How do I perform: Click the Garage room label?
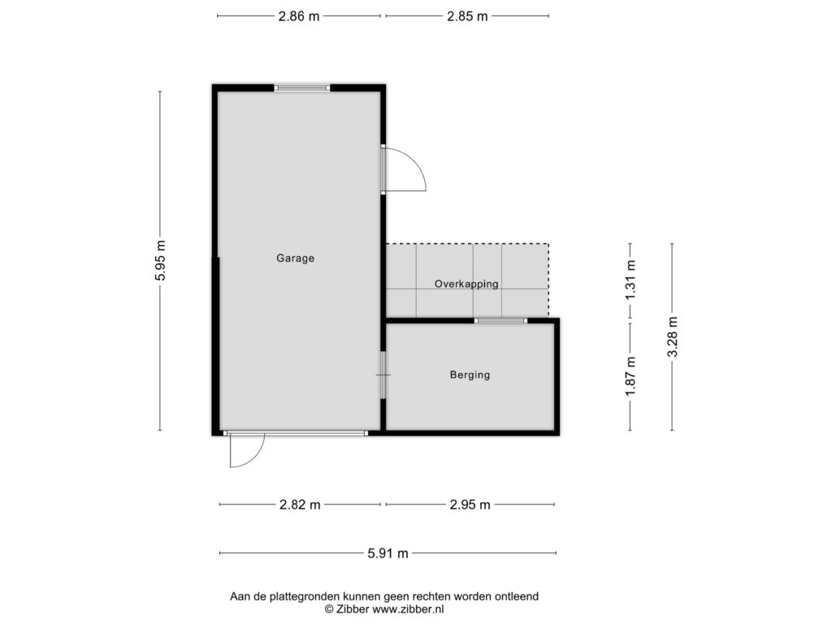(295, 258)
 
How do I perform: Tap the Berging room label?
(470, 375)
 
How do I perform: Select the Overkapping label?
(466, 284)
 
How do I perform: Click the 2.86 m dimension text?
(299, 16)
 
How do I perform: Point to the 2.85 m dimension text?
(467, 16)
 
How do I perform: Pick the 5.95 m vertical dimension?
(161, 261)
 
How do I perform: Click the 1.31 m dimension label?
(630, 280)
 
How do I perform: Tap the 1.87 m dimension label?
(630, 376)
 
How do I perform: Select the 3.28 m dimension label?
(672, 337)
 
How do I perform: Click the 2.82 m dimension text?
(300, 505)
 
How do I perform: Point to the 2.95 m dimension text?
(470, 505)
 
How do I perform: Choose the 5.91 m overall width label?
(388, 553)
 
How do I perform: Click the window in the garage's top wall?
(302, 88)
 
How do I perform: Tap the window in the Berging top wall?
(500, 320)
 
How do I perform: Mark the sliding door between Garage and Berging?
(383, 375)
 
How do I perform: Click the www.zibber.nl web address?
(408, 609)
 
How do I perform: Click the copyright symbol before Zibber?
(329, 609)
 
